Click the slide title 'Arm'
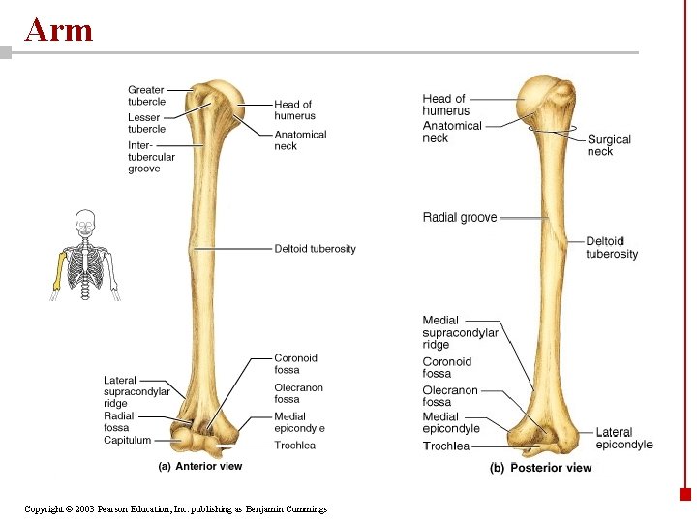click(x=59, y=30)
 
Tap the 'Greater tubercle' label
click(x=146, y=95)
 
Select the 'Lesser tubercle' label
click(x=146, y=123)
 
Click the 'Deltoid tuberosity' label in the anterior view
click(x=315, y=249)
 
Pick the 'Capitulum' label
click(x=128, y=440)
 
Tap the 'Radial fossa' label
click(x=119, y=421)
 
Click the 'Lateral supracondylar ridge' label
click(x=136, y=391)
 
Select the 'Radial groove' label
click(x=460, y=218)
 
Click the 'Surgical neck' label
click(x=609, y=145)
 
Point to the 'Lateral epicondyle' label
click(x=624, y=439)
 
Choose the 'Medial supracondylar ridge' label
click(x=460, y=332)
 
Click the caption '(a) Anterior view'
click(x=200, y=466)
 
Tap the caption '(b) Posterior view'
click(x=540, y=468)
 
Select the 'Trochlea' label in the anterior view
click(x=295, y=446)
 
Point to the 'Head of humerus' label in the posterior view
click(x=445, y=105)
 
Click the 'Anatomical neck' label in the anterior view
click(x=300, y=140)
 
